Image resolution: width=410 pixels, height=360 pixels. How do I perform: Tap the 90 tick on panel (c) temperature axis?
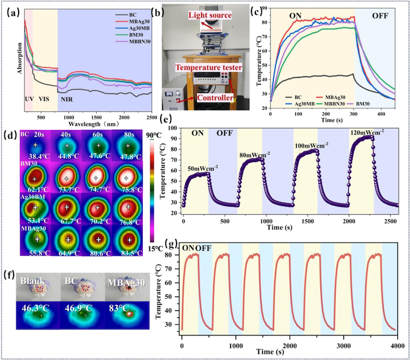[265, 8]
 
